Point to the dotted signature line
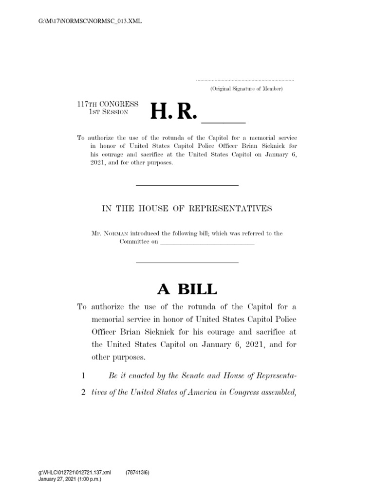(x=245, y=79)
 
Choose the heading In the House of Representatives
(x=187, y=209)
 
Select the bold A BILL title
(x=187, y=289)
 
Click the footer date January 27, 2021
(x=56, y=479)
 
